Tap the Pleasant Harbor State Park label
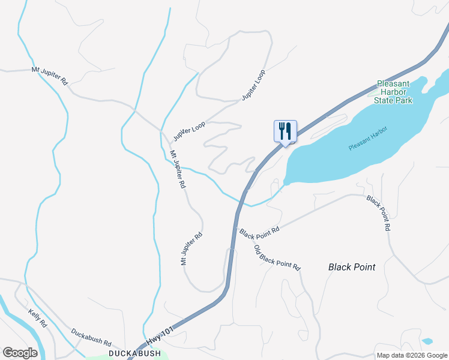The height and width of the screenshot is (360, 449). coord(393,92)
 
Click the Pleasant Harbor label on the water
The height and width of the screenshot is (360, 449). coord(368,138)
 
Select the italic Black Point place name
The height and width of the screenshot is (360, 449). coord(352,267)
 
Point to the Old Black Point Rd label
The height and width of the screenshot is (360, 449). coord(277,257)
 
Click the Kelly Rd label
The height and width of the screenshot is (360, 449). coord(37,317)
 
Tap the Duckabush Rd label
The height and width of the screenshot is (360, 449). coord(91,338)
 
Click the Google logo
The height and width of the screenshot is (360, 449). coord(20,353)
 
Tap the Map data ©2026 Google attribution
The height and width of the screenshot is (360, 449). coord(412,355)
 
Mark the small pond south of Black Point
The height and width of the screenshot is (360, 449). coord(427,341)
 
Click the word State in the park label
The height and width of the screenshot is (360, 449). coord(385,101)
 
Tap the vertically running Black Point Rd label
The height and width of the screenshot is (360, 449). coord(379,213)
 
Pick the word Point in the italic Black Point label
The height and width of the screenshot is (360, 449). coord(364,267)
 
